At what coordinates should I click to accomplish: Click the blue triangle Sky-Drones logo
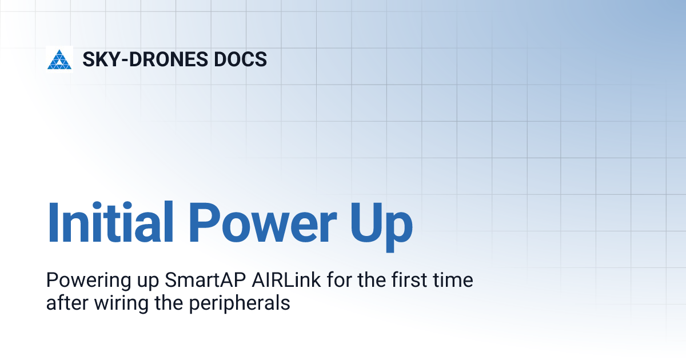pos(59,59)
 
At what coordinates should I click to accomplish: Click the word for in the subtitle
pos(336,281)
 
